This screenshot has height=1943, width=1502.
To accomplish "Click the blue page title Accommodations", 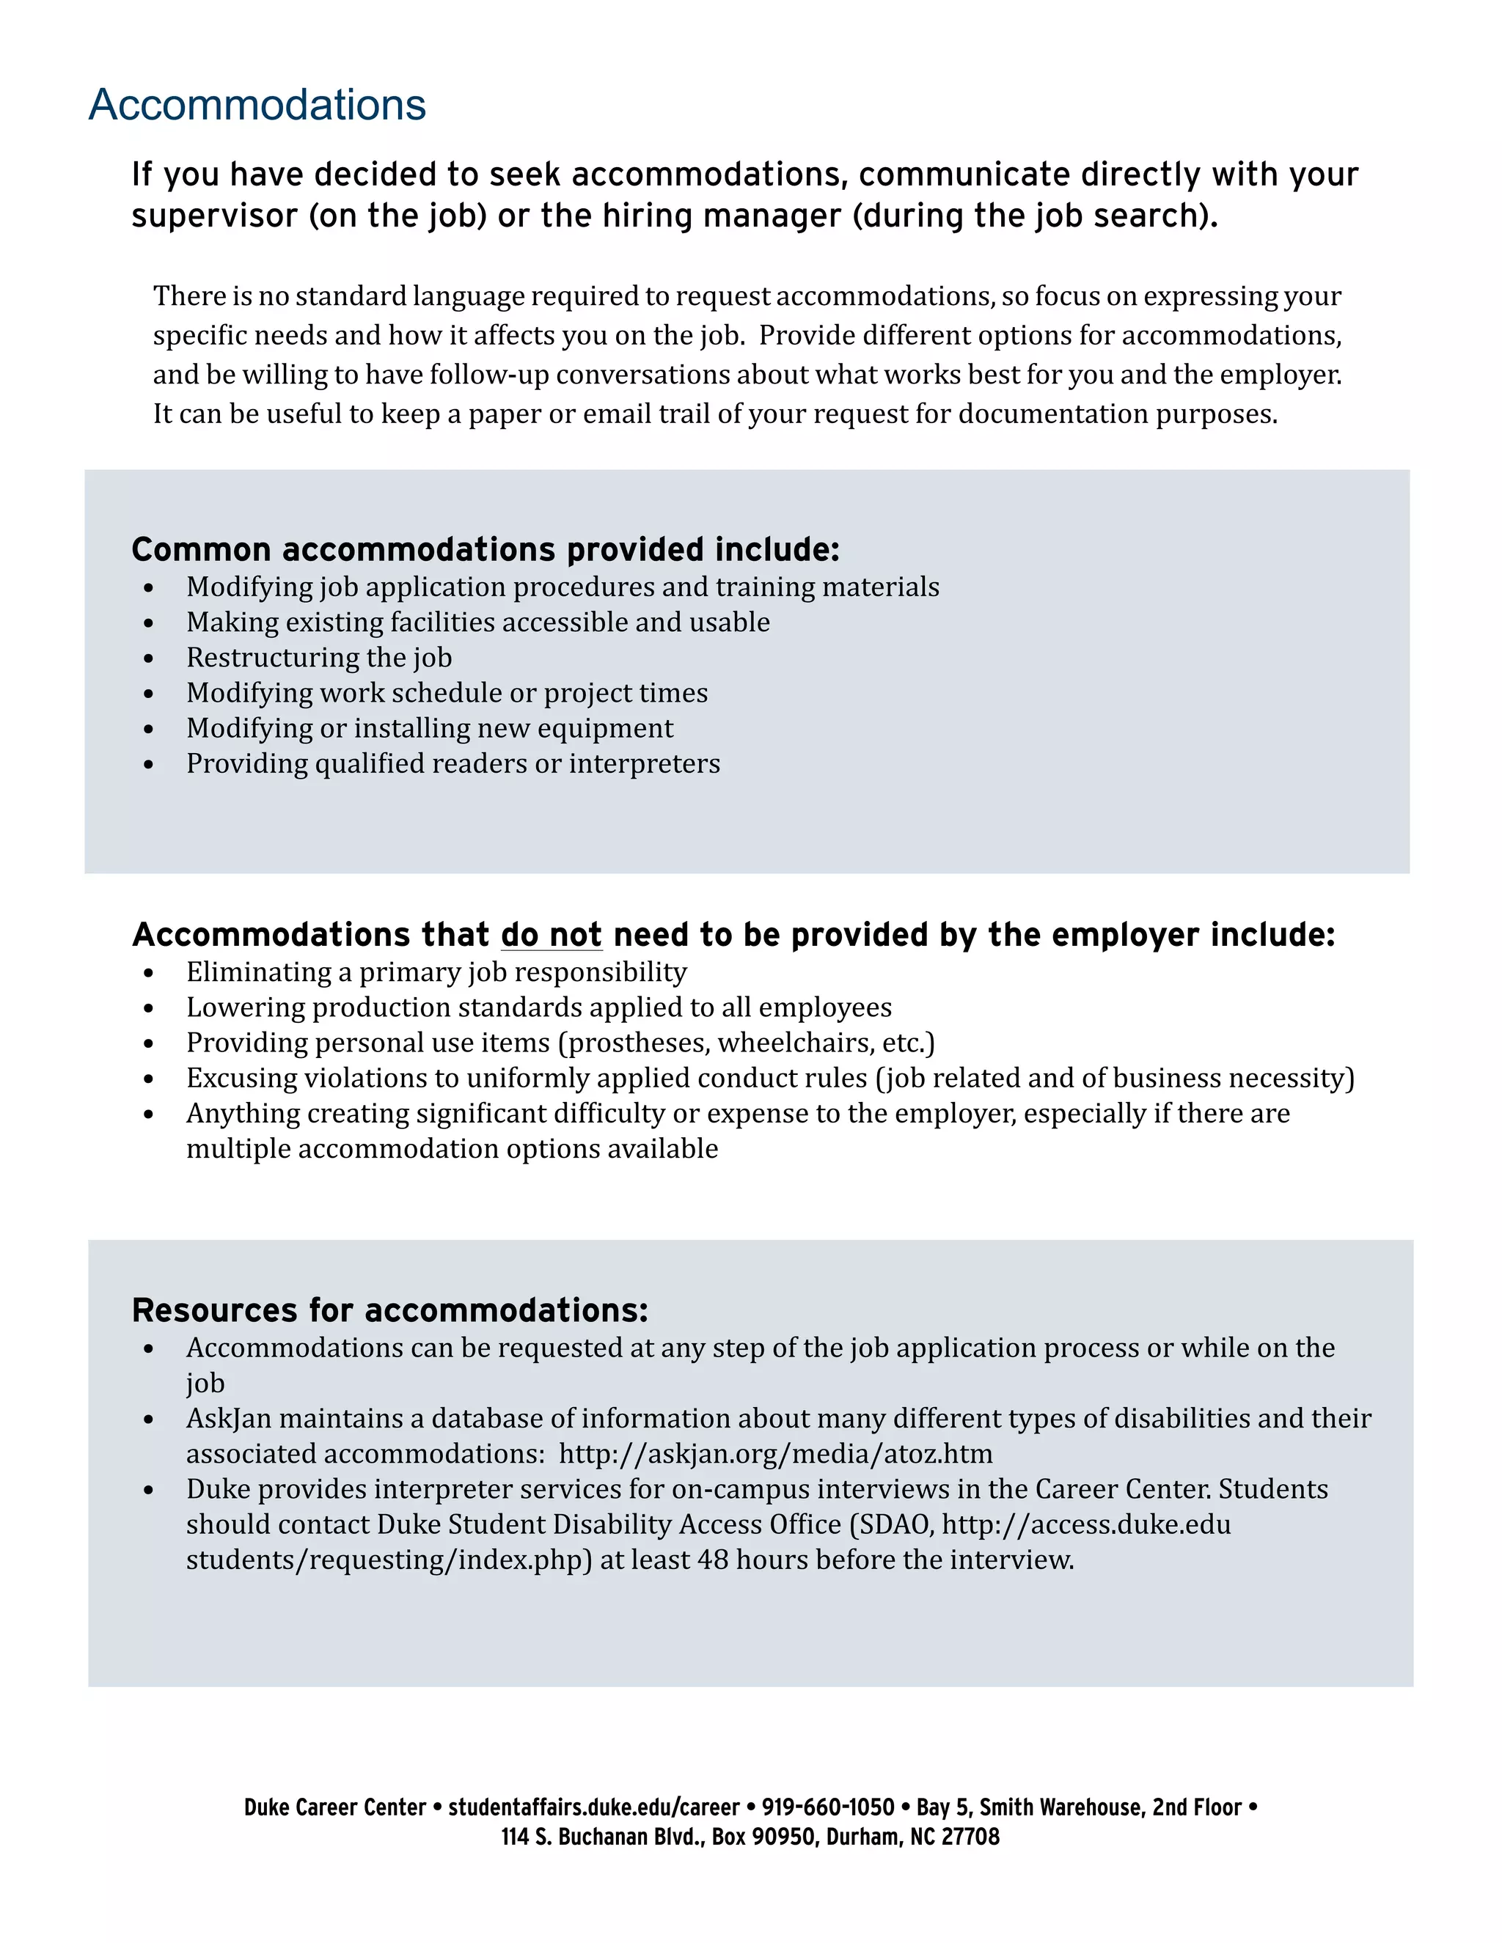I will pyautogui.click(x=257, y=105).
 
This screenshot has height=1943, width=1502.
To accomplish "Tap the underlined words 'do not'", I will pyautogui.click(x=551, y=935).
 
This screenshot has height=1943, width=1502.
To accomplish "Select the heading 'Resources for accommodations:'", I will pyautogui.click(x=389, y=1310).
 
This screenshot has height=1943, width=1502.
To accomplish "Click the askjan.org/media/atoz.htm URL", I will pyautogui.click(x=775, y=1454).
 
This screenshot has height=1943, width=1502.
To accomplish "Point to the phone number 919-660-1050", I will pyautogui.click(x=827, y=1808).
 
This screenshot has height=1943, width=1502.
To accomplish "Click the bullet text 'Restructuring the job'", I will pyautogui.click(x=318, y=658).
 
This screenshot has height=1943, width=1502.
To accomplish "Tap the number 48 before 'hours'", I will pyautogui.click(x=713, y=1560).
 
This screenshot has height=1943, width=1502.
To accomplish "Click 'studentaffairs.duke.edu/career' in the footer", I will pyautogui.click(x=593, y=1808).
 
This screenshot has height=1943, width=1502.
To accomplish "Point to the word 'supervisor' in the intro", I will pyautogui.click(x=214, y=216).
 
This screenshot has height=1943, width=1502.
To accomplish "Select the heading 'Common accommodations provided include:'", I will pyautogui.click(x=485, y=550).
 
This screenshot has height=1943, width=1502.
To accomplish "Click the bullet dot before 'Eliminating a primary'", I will pyautogui.click(x=149, y=973).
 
